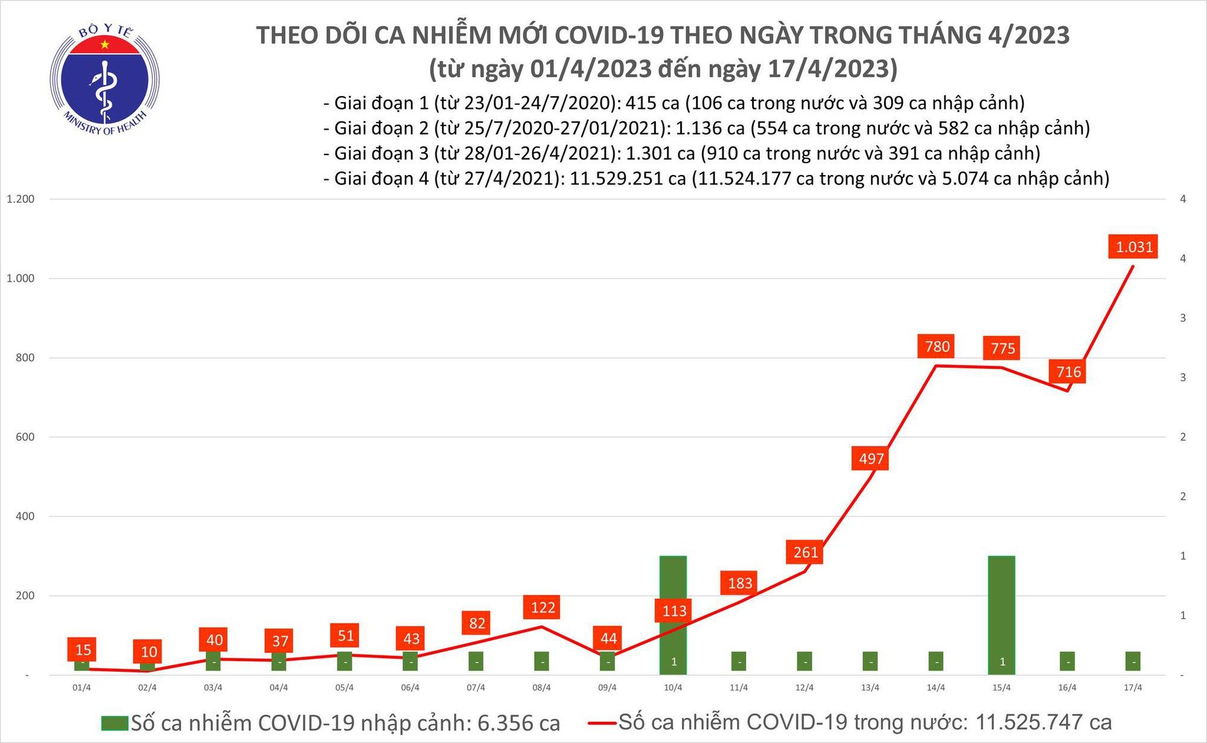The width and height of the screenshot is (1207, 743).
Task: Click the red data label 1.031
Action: coord(1133,247)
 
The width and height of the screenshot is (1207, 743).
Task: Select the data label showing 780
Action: coord(937,346)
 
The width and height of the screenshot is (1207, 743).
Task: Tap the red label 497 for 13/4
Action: coord(871,459)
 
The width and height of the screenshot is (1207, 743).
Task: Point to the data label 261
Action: coord(805,552)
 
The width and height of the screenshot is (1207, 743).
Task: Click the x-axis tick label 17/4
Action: coord(1133,688)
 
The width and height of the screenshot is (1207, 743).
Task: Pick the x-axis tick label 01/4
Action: coord(81,688)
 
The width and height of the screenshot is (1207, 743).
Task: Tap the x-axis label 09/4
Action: coord(607,688)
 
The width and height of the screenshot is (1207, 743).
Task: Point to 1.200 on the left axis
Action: coord(21,199)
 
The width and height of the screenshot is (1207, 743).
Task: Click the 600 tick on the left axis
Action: coord(25,437)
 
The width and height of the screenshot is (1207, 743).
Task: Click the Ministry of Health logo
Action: coord(105,81)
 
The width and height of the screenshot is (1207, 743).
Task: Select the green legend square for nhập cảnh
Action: coord(115,723)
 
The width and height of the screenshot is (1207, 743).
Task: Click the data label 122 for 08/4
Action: coord(542,607)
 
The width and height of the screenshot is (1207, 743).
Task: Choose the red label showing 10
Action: coord(148,652)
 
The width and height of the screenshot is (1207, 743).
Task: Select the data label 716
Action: coord(1068,372)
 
